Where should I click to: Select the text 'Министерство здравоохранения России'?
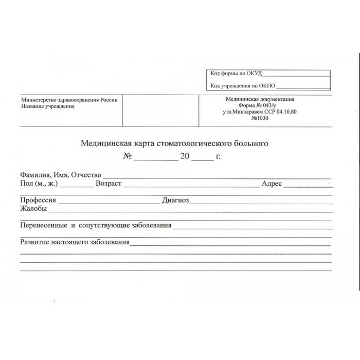(x=69, y=100)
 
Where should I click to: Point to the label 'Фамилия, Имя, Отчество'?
(x=60, y=175)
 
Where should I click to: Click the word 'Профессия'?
(x=38, y=200)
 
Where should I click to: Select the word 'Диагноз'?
(x=175, y=200)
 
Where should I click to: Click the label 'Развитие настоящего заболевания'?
(x=75, y=242)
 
